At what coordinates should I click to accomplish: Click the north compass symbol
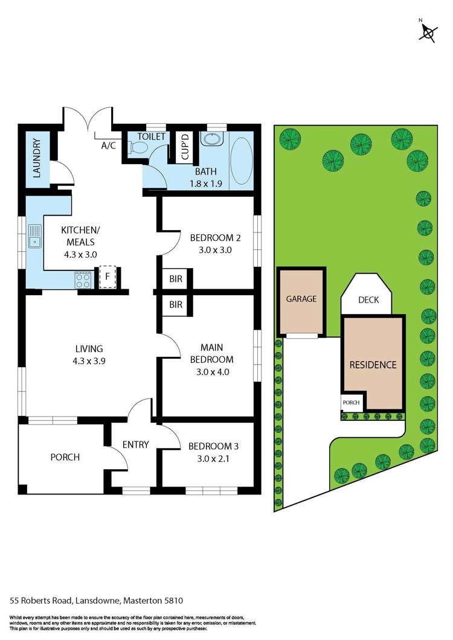pos(428,32)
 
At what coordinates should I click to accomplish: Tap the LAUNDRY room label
pos(36,158)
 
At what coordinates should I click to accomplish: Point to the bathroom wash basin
pos(211,139)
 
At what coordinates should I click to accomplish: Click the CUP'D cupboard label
pos(185,146)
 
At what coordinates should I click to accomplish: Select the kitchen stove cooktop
pos(83,280)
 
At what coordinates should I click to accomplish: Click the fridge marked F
pos(108,277)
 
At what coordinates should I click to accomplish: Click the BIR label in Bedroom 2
pos(176,279)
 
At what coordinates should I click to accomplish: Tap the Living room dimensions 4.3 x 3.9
pos(89,360)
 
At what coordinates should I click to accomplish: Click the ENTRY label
pos(135,445)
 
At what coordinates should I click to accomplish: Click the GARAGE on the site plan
pos(301,299)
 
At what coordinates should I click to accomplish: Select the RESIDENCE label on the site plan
pos(373,365)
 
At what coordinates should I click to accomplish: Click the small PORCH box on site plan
pos(351,403)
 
